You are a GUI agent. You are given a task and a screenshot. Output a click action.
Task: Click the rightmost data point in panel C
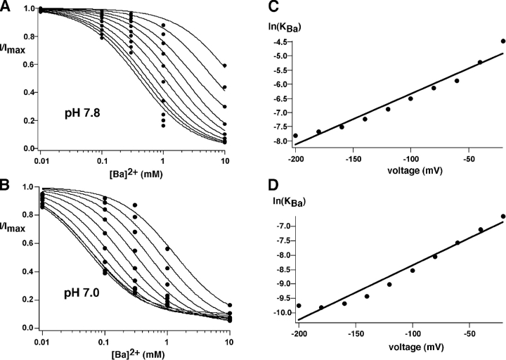pyautogui.click(x=503, y=41)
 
